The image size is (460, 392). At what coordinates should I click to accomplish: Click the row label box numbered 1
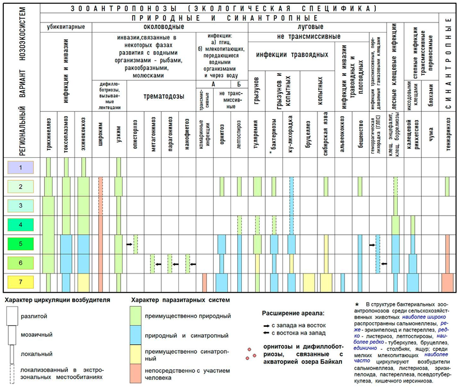tap(21, 167)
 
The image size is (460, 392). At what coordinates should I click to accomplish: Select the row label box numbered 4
tap(21, 225)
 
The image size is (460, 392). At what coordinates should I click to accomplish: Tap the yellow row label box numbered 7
tap(21, 282)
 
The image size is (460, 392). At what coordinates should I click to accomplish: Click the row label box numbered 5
tap(21, 244)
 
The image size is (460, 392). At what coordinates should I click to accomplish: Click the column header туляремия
tap(256, 135)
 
